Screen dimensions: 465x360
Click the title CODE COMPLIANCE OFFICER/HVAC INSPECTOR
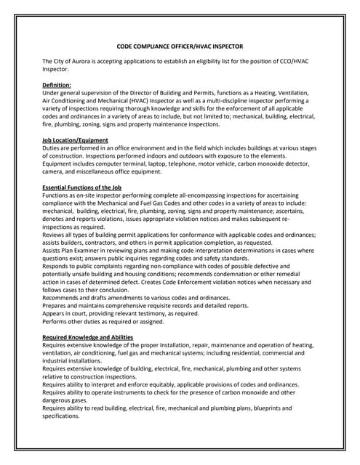tap(180, 46)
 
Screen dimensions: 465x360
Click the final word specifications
tap(64, 416)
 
